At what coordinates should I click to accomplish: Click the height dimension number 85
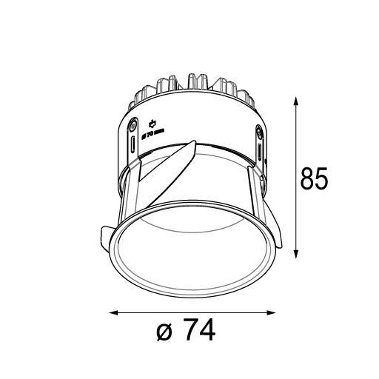(x=315, y=179)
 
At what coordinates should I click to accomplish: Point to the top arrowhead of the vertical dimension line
(x=297, y=100)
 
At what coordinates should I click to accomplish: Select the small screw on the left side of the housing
(x=133, y=124)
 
